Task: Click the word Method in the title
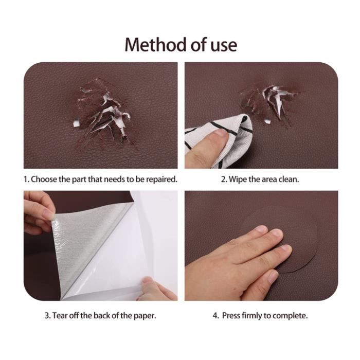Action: click(155, 45)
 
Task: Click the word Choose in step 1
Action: click(44, 179)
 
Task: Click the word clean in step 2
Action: click(289, 179)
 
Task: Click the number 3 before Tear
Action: click(47, 316)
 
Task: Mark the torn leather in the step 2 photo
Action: click(271, 101)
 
